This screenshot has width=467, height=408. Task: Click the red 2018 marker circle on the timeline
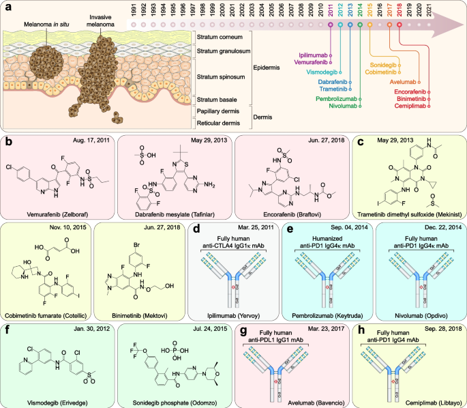399,25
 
